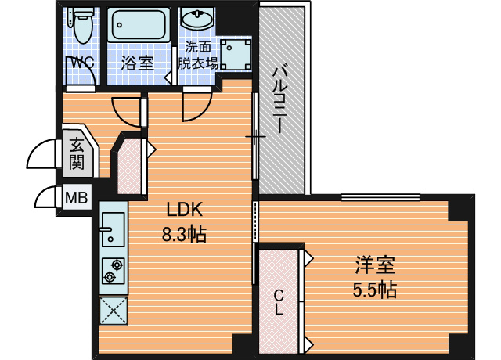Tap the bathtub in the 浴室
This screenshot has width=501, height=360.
pyautogui.click(x=139, y=25)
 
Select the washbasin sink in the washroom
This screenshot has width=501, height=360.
pyautogui.click(x=196, y=19)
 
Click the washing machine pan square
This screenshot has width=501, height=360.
pyautogui.click(x=235, y=54)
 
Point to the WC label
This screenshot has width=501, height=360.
pyautogui.click(x=82, y=63)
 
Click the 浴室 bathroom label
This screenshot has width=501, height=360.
pyautogui.click(x=137, y=63)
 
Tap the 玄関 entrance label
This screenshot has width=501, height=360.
pyautogui.click(x=77, y=153)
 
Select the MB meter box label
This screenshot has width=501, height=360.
pyautogui.click(x=77, y=198)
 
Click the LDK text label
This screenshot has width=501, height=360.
pyautogui.click(x=185, y=210)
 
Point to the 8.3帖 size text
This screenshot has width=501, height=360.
pyautogui.click(x=184, y=234)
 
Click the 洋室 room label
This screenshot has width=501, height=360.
pyautogui.click(x=375, y=265)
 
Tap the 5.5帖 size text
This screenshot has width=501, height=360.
pyautogui.click(x=374, y=290)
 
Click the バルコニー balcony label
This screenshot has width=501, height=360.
pyautogui.click(x=280, y=99)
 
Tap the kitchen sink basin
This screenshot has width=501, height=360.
pyautogui.click(x=113, y=229)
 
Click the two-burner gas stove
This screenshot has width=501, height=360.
pyautogui.click(x=113, y=271)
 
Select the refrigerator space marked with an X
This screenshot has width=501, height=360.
pyautogui.click(x=114, y=311)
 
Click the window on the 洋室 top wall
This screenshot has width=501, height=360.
pyautogui.click(x=380, y=197)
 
